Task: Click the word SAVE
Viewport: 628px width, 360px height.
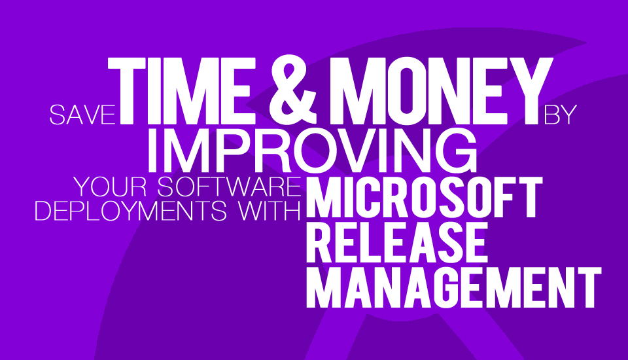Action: [x=82, y=115]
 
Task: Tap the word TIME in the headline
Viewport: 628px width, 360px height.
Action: [x=182, y=91]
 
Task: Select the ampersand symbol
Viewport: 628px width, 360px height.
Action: [x=293, y=90]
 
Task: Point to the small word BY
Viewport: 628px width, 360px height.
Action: [x=560, y=115]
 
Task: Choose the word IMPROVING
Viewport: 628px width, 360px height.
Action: [x=313, y=151]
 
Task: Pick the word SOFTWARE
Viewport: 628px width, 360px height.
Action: [x=229, y=187]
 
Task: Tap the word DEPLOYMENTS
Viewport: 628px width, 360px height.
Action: [x=131, y=211]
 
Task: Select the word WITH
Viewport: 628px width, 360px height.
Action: [x=270, y=211]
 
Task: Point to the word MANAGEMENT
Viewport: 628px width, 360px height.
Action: [x=454, y=288]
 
